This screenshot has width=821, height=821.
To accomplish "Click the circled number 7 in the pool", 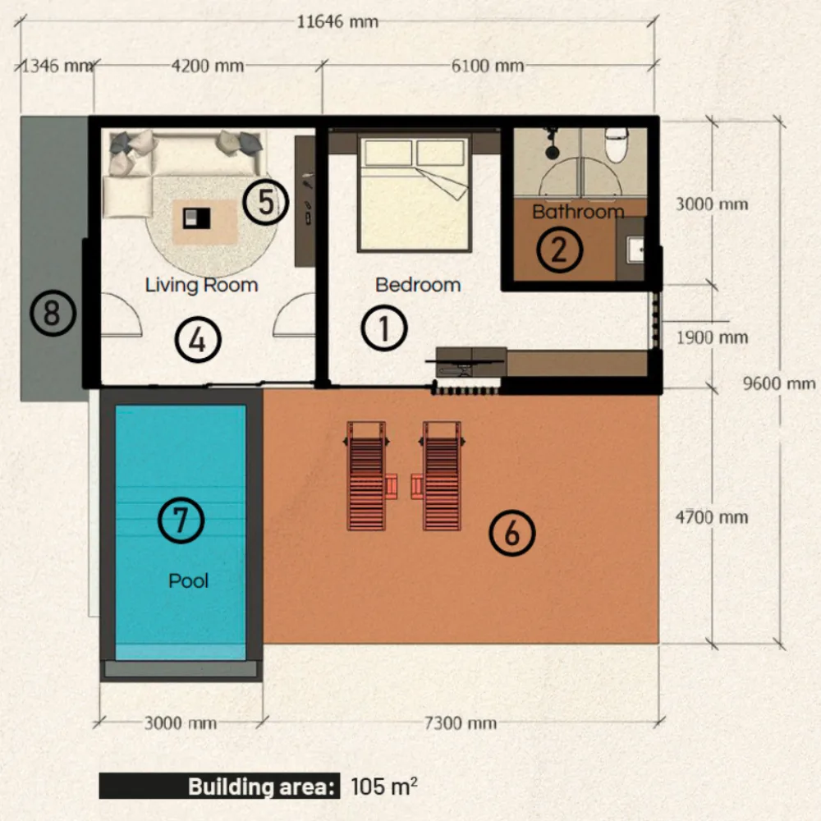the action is [x=181, y=520].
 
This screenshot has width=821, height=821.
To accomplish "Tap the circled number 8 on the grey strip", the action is [x=53, y=313].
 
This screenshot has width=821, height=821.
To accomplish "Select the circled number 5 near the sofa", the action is [x=266, y=203].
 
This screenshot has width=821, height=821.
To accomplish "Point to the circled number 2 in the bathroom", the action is [x=560, y=250].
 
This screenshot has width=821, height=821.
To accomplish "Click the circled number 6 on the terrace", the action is [x=512, y=533].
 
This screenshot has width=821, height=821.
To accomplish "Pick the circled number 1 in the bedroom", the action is [x=384, y=328].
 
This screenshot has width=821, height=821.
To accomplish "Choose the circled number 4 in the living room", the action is [x=198, y=340].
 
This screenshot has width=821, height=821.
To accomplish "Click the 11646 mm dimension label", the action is [x=337, y=22].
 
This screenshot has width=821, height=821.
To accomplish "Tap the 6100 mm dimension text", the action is [x=488, y=66].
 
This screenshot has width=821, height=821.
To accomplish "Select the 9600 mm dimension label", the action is [x=779, y=383].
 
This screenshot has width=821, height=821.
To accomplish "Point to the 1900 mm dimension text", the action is [x=712, y=337].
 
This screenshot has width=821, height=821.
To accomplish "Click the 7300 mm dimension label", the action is [x=461, y=723].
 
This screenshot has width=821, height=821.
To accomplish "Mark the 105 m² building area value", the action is [x=384, y=786].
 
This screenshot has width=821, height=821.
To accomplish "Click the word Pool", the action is [x=189, y=580].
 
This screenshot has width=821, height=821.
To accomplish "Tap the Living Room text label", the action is [x=202, y=285].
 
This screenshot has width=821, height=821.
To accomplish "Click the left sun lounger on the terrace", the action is [x=366, y=476].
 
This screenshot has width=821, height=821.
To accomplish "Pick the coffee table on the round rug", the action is [x=197, y=218].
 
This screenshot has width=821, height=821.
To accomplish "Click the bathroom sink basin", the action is [x=635, y=250].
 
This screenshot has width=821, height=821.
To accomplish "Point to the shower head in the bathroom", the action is [x=552, y=152].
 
